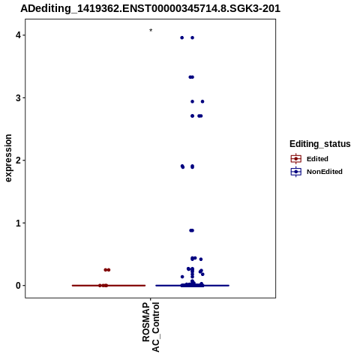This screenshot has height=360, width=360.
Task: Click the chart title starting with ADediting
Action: (150, 8)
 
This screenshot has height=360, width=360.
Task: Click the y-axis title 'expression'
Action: (8, 158)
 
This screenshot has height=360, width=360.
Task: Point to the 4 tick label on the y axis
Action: (18, 35)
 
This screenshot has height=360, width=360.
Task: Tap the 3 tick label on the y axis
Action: (18, 98)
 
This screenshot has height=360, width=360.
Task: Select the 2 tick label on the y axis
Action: (18, 160)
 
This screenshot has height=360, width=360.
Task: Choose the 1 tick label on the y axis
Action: (18, 223)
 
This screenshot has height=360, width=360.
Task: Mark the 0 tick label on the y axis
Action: (18, 286)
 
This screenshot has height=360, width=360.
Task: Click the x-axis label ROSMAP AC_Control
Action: (151, 327)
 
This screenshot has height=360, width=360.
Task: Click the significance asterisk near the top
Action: (151, 31)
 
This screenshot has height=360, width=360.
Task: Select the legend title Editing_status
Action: (320, 144)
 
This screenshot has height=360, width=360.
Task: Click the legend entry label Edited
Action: (317, 159)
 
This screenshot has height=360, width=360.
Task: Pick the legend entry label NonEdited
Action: (325, 172)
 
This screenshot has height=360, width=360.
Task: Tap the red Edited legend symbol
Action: (296, 159)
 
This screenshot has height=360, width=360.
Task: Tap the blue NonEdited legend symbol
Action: (296, 172)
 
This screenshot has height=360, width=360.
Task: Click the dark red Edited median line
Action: (109, 286)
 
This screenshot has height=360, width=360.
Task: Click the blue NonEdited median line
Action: (193, 286)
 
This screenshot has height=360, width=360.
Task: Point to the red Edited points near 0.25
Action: (107, 270)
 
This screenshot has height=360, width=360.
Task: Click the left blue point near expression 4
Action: (182, 37)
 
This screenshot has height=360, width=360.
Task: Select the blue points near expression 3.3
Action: (191, 77)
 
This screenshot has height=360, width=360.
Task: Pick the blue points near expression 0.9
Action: (191, 230)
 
